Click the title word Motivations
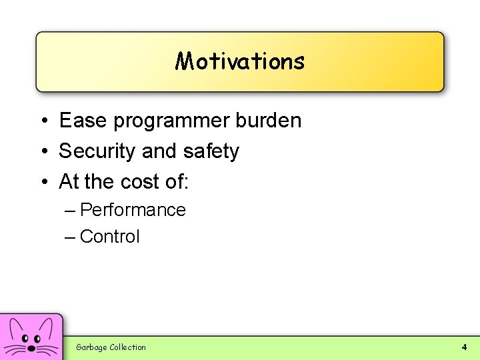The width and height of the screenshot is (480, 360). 240,61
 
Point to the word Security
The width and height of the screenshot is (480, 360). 98,151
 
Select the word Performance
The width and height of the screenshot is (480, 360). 133,210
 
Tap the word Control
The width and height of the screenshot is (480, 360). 109,237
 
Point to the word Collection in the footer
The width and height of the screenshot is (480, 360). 127,347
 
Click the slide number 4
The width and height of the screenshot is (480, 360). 464,347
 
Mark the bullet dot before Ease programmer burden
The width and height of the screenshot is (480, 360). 43,121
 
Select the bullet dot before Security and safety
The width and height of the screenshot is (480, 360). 43,152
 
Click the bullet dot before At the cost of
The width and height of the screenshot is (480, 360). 43,182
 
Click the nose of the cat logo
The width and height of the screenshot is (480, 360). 31,347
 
